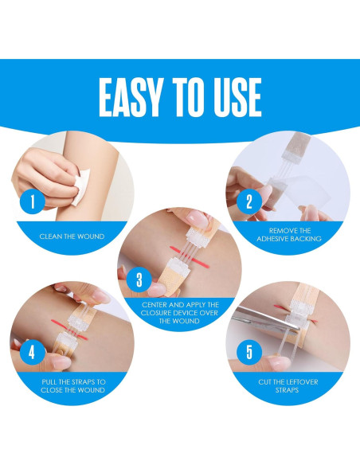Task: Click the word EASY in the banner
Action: tap(131, 98)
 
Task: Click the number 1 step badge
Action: tap(33, 201)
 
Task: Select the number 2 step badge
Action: tap(249, 201)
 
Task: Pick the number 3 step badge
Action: tap(139, 279)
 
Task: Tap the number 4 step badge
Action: tap(33, 352)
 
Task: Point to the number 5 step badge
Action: tap(249, 352)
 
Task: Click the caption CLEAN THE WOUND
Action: tap(72, 236)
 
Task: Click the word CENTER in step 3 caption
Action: tap(155, 305)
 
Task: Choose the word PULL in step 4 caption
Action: tap(49, 382)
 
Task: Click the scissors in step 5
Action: tap(264, 320)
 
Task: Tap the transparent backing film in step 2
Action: tap(299, 196)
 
